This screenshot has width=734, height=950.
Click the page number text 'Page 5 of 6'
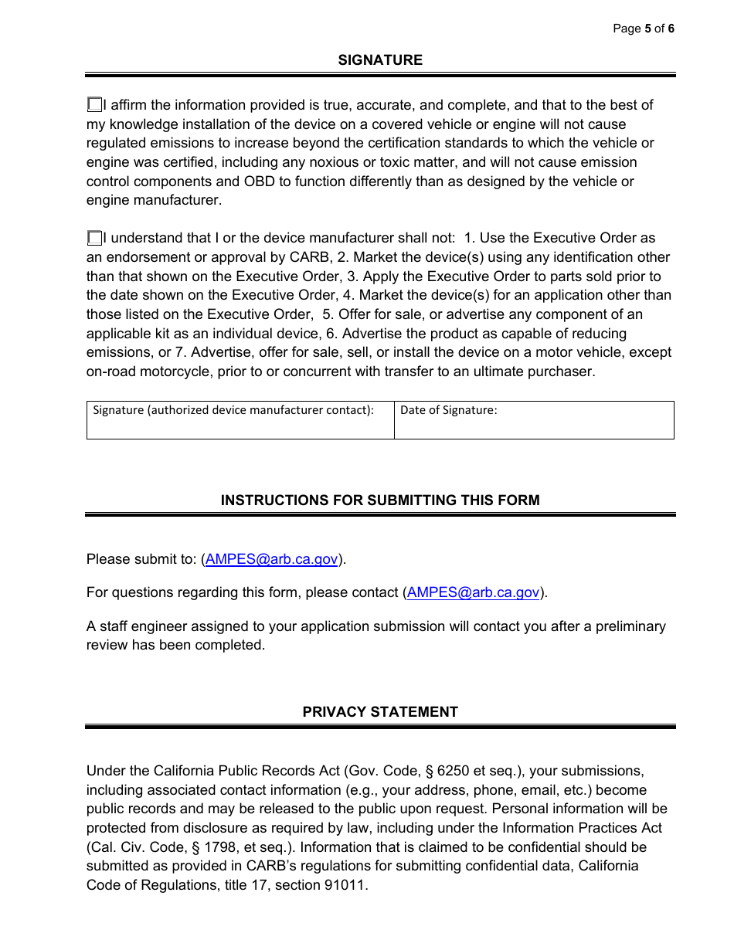(x=643, y=29)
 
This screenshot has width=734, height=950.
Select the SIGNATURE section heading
(x=380, y=60)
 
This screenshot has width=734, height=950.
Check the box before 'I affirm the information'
(x=94, y=104)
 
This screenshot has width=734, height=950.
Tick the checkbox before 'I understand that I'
(x=94, y=238)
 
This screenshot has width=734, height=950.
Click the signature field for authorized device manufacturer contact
(x=240, y=426)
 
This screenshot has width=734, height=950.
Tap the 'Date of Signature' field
(x=533, y=426)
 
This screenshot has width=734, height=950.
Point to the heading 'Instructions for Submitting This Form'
(x=380, y=500)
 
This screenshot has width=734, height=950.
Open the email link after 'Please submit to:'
(x=271, y=560)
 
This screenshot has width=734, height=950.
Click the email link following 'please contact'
(x=473, y=592)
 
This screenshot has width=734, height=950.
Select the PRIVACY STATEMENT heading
(x=380, y=712)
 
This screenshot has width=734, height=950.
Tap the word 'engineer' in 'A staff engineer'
(x=157, y=626)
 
